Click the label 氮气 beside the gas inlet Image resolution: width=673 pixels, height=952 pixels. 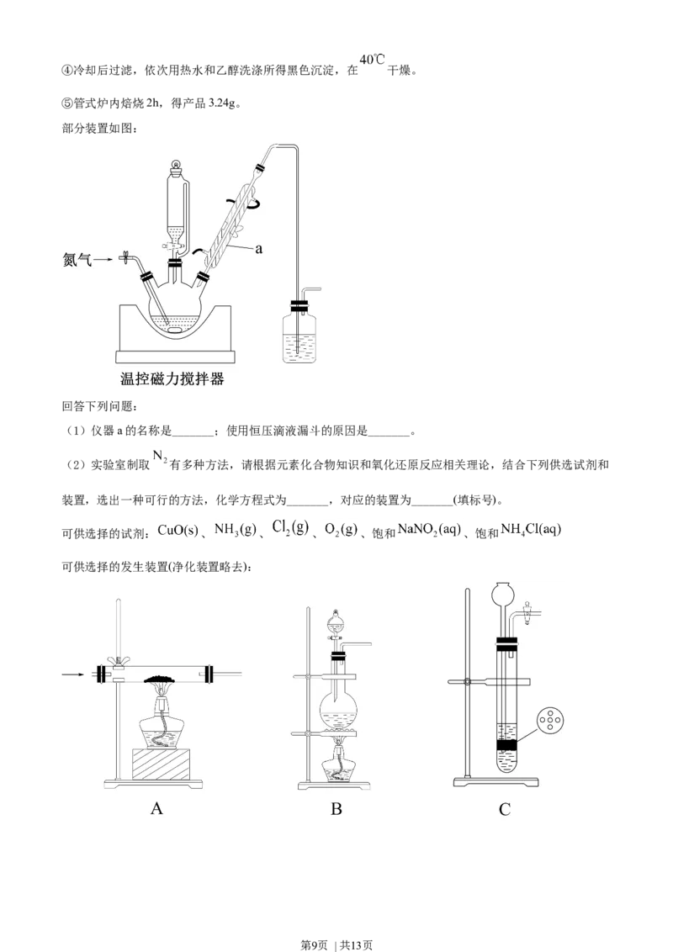tap(77, 261)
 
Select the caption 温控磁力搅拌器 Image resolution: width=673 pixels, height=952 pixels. tap(172, 378)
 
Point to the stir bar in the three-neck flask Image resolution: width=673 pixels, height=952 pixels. tap(177, 330)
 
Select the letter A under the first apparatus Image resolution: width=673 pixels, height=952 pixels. tap(156, 809)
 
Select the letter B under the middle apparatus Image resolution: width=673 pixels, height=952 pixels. tap(336, 809)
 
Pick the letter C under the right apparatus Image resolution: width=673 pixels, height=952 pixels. tap(505, 809)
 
